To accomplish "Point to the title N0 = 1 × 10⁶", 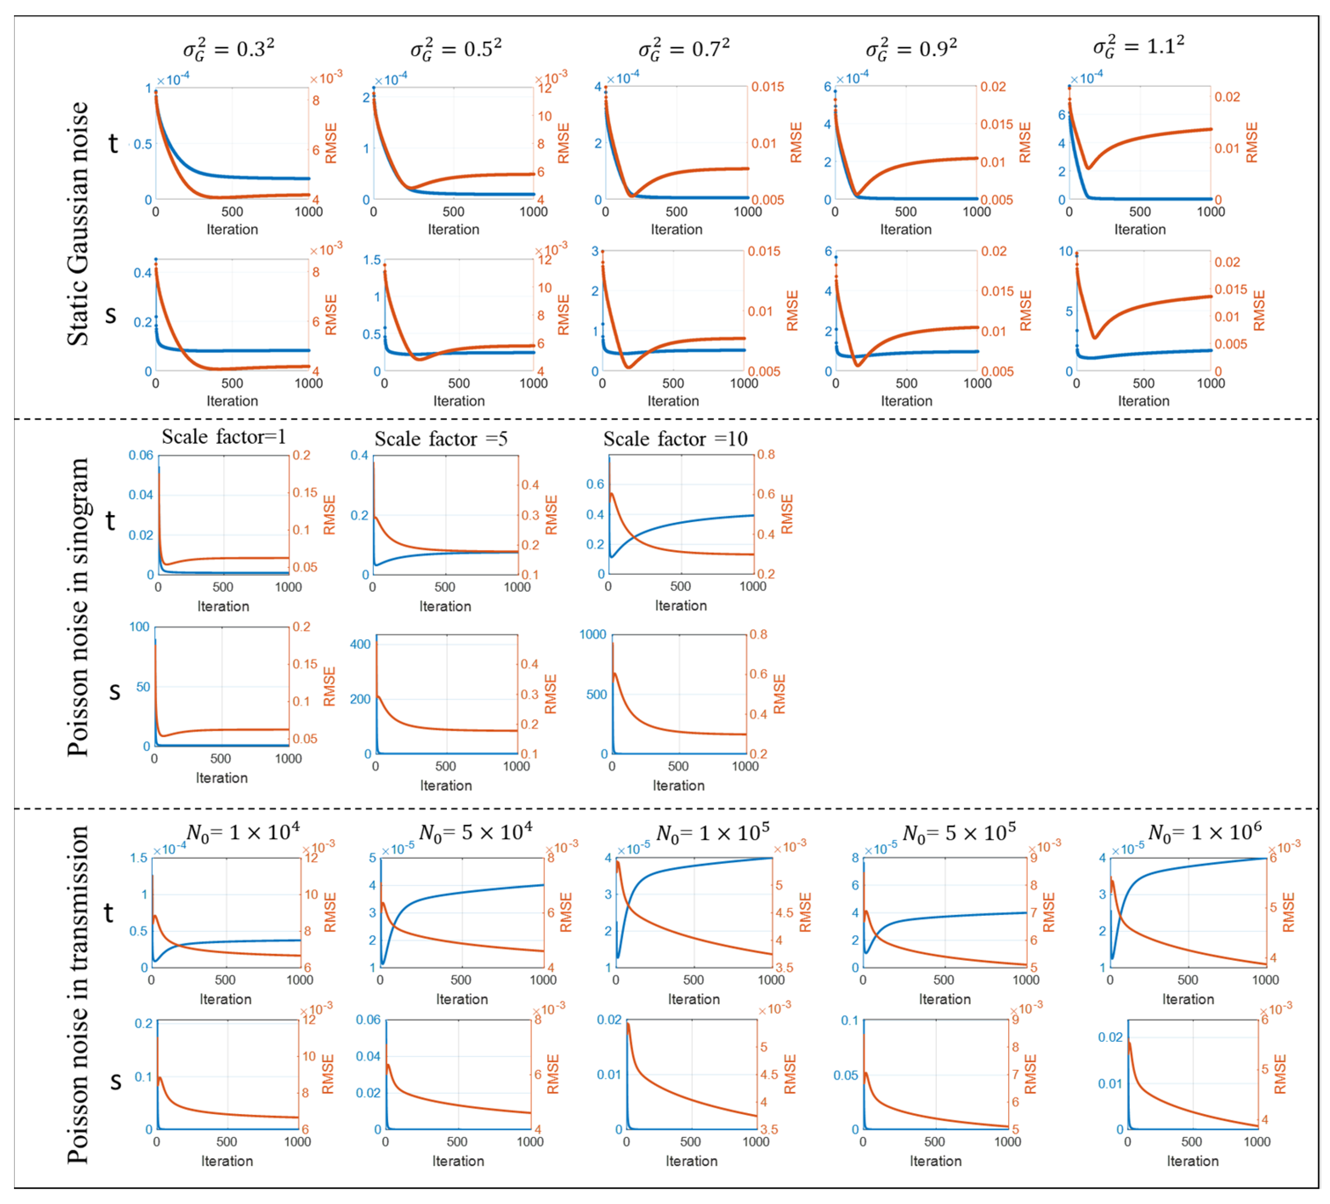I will click(x=1205, y=832).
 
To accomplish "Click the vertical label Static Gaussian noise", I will click(x=78, y=224).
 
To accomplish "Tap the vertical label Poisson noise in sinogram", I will click(x=78, y=607).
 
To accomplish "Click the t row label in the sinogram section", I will click(x=110, y=521).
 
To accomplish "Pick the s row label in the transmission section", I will click(x=115, y=1080).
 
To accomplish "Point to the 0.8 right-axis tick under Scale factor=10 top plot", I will click(x=765, y=455).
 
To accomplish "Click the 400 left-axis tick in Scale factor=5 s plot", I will click(x=360, y=644).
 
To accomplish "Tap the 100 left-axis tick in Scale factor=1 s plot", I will click(x=139, y=627).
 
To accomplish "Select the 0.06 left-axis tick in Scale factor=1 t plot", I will click(x=141, y=455).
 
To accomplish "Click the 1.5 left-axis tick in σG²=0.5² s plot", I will click(x=371, y=260).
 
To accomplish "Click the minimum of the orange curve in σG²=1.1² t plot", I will click(x=1089, y=168).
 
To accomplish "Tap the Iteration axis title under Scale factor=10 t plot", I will click(x=680, y=606).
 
